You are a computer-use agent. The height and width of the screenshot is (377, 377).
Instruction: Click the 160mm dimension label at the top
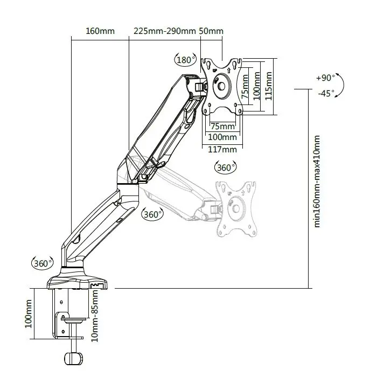(x=100, y=31)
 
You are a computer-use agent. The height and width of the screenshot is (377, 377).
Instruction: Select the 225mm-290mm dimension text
(x=164, y=31)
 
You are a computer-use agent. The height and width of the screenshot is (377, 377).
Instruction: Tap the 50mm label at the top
(x=211, y=31)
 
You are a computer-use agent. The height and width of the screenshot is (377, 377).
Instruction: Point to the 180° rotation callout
(x=185, y=59)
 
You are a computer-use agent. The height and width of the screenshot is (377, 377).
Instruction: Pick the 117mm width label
(x=222, y=149)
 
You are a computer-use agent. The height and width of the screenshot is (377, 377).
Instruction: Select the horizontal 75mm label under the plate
(x=222, y=127)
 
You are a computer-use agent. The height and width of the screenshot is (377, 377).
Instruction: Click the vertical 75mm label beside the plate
(x=246, y=86)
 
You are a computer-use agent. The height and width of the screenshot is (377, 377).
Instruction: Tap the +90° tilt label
(x=325, y=78)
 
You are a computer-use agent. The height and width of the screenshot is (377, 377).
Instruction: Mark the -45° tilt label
(x=325, y=93)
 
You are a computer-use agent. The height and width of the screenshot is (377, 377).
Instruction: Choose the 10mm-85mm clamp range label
(x=95, y=316)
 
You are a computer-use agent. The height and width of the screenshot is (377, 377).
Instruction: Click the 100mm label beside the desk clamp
(x=29, y=314)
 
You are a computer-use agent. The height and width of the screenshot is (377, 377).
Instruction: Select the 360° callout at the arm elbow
(x=152, y=214)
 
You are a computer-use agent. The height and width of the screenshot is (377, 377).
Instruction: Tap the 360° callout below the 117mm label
(x=225, y=167)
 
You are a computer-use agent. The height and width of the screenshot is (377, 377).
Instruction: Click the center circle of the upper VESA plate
(x=221, y=86)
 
